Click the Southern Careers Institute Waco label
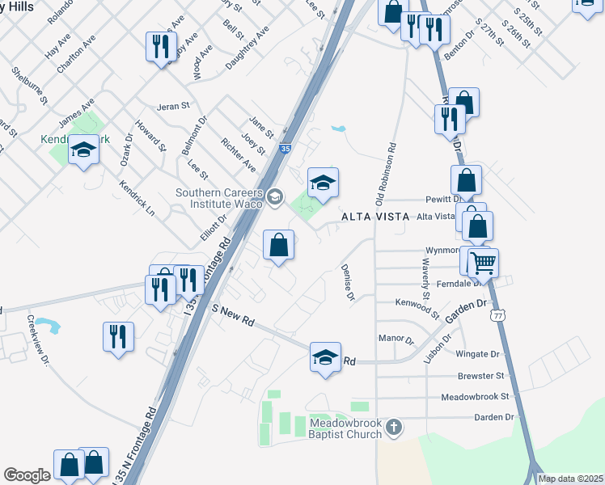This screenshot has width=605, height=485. point(220,197)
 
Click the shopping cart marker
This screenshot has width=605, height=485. point(483,262)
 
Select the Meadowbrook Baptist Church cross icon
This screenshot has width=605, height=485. point(394,426)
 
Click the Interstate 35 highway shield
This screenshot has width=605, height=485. point(284,149)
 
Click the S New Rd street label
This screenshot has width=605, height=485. point(233,315)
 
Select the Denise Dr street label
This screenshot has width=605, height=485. point(349,282)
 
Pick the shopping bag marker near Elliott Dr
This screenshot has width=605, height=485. point(278,245)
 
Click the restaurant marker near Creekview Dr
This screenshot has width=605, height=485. point(119,335)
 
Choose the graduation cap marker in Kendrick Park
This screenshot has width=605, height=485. point(83,150)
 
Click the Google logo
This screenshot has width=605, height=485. point(27,475)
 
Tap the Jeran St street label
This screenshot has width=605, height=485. point(172,106)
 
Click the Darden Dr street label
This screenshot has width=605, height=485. point(493,417)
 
